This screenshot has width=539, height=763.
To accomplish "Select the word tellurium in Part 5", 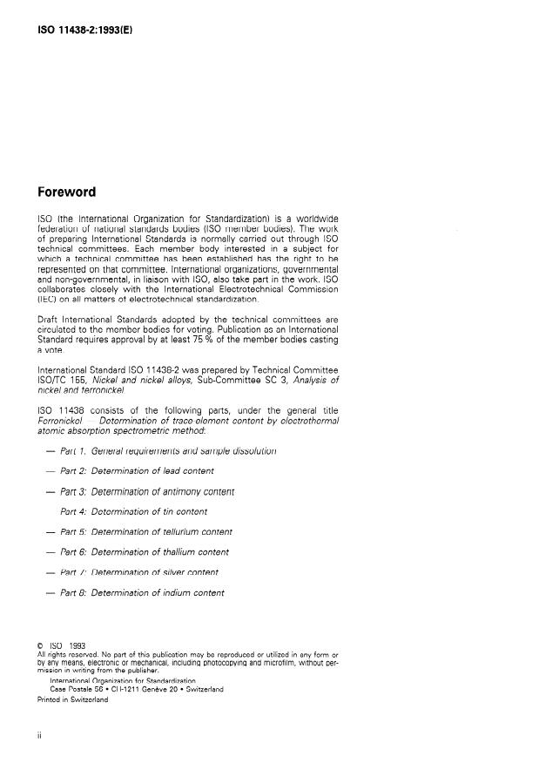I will click(x=181, y=531).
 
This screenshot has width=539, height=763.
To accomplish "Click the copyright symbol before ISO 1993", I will click(x=39, y=645).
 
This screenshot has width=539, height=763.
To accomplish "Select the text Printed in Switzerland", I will click(x=72, y=699).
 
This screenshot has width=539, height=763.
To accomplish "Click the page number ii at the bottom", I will click(x=39, y=737).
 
